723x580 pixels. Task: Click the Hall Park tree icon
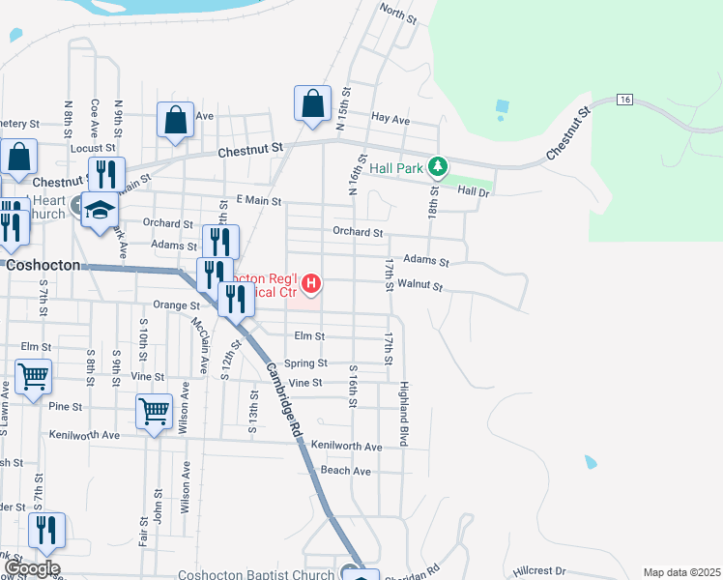click(438, 167)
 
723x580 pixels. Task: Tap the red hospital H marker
click(311, 283)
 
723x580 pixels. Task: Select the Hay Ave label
click(390, 119)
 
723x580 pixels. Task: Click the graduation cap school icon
click(100, 209)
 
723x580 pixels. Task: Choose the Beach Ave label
click(346, 471)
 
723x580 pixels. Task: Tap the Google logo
click(31, 569)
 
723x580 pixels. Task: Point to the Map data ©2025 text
click(681, 572)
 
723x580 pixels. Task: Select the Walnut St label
click(419, 286)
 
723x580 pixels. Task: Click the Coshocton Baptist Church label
click(255, 573)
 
